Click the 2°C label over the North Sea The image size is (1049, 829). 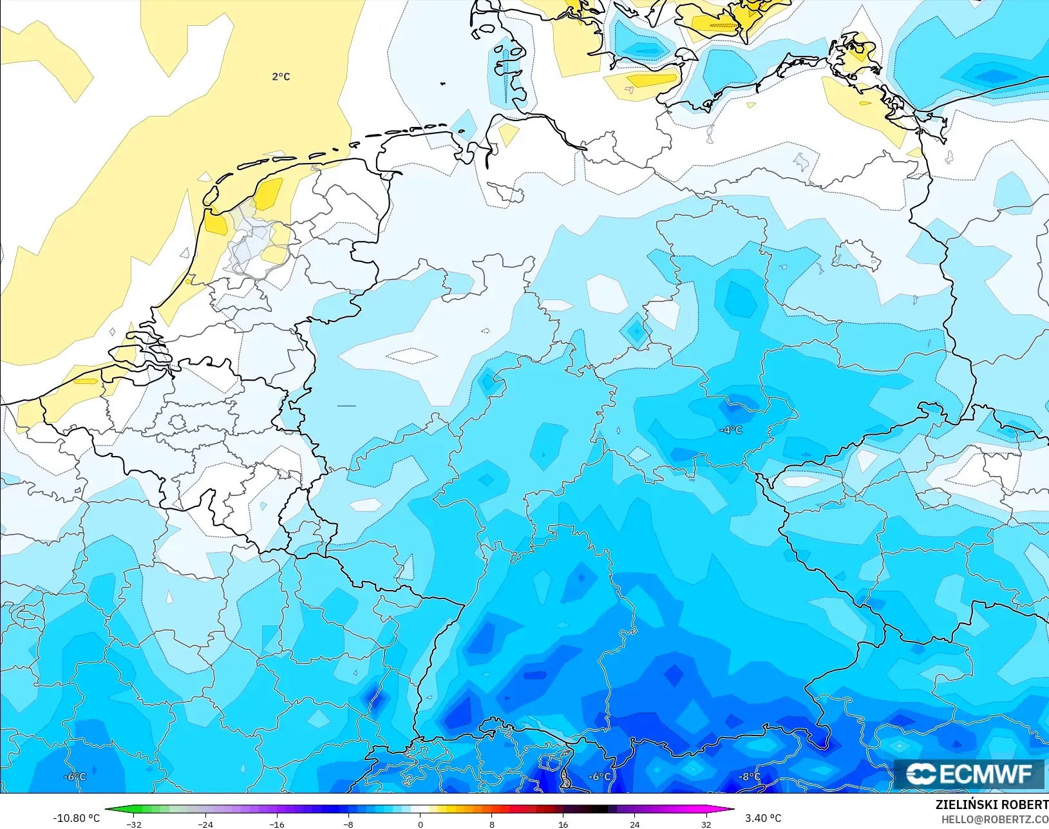[x=281, y=77]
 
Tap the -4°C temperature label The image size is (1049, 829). [x=731, y=430]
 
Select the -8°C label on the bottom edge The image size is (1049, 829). [x=748, y=777]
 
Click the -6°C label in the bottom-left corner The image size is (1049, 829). [x=75, y=777]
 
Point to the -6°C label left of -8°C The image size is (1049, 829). [x=600, y=777]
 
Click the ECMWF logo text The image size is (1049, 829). [x=986, y=774]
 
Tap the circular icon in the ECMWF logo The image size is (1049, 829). [x=921, y=774]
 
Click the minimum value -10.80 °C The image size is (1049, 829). [x=76, y=818]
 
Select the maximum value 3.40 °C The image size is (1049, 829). [x=763, y=818]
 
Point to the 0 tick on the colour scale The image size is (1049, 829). [x=421, y=824]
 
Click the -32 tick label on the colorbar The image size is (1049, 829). [x=134, y=824]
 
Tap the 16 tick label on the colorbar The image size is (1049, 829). [x=563, y=824]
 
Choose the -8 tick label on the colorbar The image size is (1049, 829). [x=348, y=824]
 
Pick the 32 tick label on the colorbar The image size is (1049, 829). [x=706, y=824]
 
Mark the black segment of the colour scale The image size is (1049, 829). [x=599, y=809]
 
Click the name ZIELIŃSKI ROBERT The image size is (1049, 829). [x=992, y=805]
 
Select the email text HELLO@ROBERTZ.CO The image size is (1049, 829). [x=995, y=819]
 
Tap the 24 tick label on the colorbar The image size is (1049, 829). [x=635, y=824]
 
